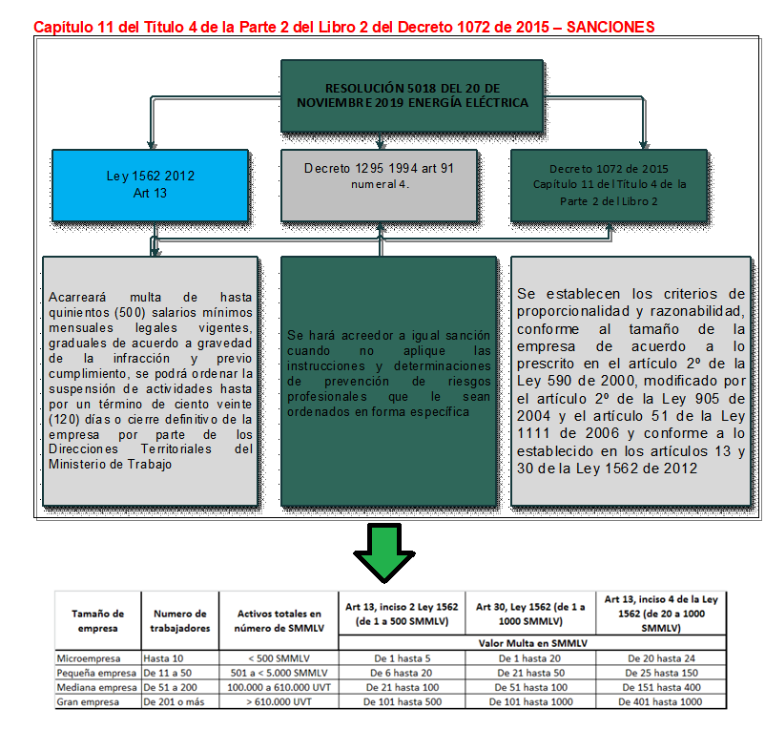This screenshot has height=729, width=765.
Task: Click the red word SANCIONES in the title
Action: [610, 27]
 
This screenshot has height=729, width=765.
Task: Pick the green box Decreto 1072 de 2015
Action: [610, 184]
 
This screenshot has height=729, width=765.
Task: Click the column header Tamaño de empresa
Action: [97, 621]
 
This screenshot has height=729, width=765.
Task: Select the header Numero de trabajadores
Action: [179, 621]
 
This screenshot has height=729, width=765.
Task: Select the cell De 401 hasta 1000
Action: [659, 702]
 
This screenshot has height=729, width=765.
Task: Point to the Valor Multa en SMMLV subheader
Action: [530, 643]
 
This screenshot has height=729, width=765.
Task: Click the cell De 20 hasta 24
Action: [659, 658]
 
